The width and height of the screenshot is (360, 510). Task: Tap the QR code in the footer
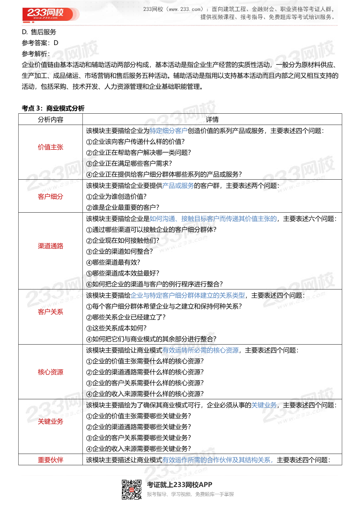tap(131, 489)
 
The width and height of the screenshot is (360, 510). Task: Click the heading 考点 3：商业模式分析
tap(53, 108)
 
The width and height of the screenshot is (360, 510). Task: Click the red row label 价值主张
tap(50, 147)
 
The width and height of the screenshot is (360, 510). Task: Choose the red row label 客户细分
tap(50, 196)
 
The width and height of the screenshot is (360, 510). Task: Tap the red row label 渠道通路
tap(50, 246)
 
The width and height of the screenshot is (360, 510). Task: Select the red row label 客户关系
tap(50, 312)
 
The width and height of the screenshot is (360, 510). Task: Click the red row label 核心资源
tap(50, 372)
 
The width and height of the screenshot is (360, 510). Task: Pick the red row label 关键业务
tap(50, 421)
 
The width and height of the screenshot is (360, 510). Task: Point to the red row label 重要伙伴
tap(50, 460)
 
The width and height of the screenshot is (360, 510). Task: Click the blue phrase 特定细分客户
tap(168, 130)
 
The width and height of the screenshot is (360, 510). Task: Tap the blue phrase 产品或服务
tap(178, 185)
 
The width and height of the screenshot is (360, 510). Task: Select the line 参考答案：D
tap(40, 43)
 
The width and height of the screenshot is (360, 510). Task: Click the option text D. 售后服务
tap(39, 32)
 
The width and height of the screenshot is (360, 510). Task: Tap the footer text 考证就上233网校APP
tap(180, 485)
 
